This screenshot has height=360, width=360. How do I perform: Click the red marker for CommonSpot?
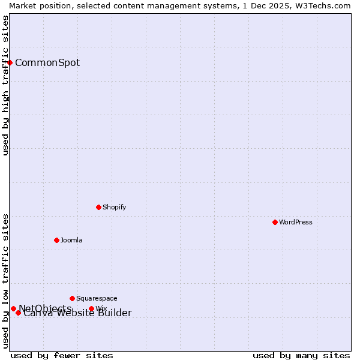click(10, 62)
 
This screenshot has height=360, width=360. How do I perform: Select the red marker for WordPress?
click(275, 222)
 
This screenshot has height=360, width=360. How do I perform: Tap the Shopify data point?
click(98, 207)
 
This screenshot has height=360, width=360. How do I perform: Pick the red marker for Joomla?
click(56, 240)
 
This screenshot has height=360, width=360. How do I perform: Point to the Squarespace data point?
click(72, 298)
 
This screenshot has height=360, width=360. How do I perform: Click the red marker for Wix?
click(91, 309)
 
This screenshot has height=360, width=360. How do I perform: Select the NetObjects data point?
click(13, 308)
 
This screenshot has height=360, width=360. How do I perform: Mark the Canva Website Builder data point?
click(18, 313)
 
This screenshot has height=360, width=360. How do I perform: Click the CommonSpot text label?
click(47, 63)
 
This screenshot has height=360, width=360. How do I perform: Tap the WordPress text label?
click(296, 222)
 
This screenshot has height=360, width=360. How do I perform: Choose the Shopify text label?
click(114, 207)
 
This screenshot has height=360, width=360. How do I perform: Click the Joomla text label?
click(71, 240)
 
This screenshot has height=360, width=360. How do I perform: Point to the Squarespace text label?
click(97, 298)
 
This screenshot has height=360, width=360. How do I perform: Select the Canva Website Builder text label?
click(77, 313)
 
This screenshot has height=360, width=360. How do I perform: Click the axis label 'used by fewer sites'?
click(62, 355)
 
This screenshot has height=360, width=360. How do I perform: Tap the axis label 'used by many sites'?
click(301, 355)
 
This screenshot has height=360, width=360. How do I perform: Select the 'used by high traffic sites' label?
click(5, 85)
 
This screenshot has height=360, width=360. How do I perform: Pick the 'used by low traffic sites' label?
click(5, 281)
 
